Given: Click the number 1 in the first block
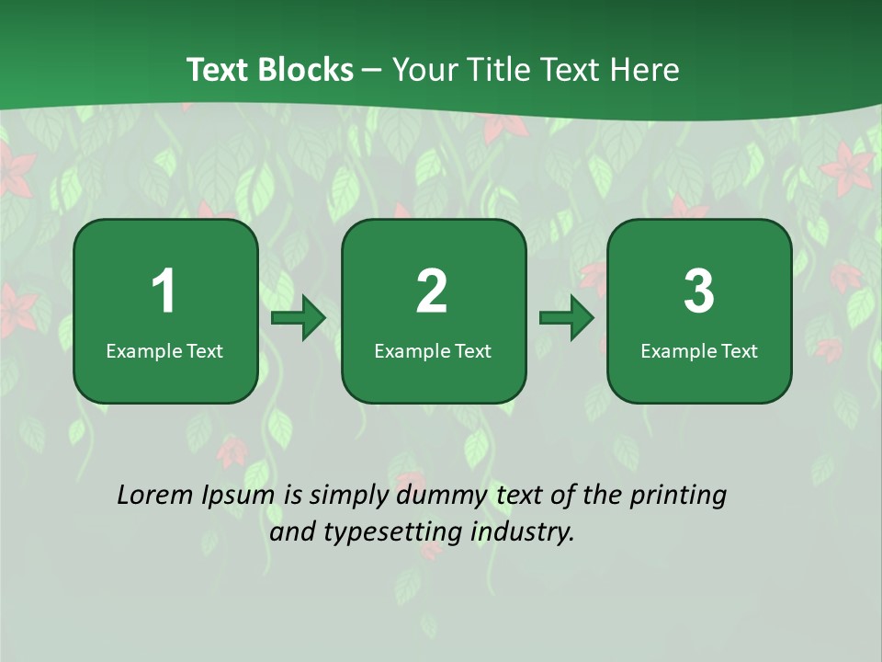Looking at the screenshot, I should (x=164, y=291).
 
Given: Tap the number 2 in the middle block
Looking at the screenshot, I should (x=432, y=291).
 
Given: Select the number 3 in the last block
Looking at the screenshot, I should (x=699, y=291).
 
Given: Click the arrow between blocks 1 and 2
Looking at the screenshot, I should (x=299, y=318).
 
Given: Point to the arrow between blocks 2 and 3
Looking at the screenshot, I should (x=567, y=318).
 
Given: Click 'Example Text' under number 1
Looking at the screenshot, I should (x=164, y=351).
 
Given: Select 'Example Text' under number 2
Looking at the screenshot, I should (x=433, y=351).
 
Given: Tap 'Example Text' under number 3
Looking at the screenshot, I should (x=699, y=351).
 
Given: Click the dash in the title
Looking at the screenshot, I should (x=372, y=70).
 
